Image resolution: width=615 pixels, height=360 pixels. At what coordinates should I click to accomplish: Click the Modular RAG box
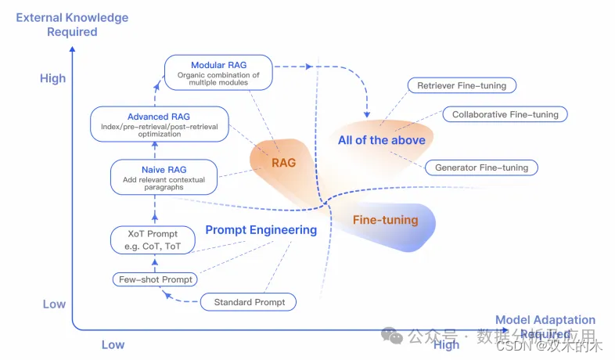pos(219,71)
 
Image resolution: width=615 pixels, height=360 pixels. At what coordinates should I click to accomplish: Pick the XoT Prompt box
pos(153,239)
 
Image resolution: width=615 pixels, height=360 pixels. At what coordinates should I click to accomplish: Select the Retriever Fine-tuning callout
pos(462,85)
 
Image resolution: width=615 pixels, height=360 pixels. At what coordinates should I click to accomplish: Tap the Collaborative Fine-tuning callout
pos(505,114)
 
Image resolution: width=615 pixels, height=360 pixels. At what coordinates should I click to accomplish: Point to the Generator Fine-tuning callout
pos(481,167)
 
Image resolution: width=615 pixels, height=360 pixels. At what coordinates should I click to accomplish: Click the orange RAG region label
pos(283,163)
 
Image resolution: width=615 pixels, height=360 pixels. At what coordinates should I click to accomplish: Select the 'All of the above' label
pos(382,140)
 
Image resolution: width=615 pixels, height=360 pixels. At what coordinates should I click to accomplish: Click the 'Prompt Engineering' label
pos(261,230)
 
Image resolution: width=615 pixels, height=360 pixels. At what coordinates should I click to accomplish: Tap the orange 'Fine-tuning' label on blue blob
pos(385,221)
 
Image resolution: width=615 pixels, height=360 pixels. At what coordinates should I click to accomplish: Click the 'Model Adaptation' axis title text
pos(545,320)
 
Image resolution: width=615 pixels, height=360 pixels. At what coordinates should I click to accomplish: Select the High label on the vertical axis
pos(53,78)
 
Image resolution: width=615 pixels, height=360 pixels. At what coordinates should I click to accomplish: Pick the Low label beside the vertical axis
pos(54,304)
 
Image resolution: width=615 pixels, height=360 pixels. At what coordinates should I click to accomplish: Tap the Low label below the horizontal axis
pos(113,344)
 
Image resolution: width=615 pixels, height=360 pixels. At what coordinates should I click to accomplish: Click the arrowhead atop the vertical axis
pos(73,51)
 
